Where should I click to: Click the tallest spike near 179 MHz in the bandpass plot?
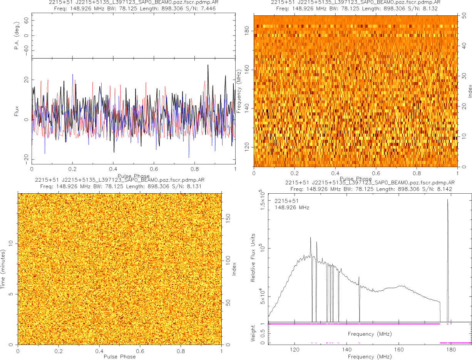(x=447, y=200)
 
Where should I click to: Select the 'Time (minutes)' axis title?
(x=3, y=269)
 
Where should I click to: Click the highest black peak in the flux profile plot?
(x=208, y=65)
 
